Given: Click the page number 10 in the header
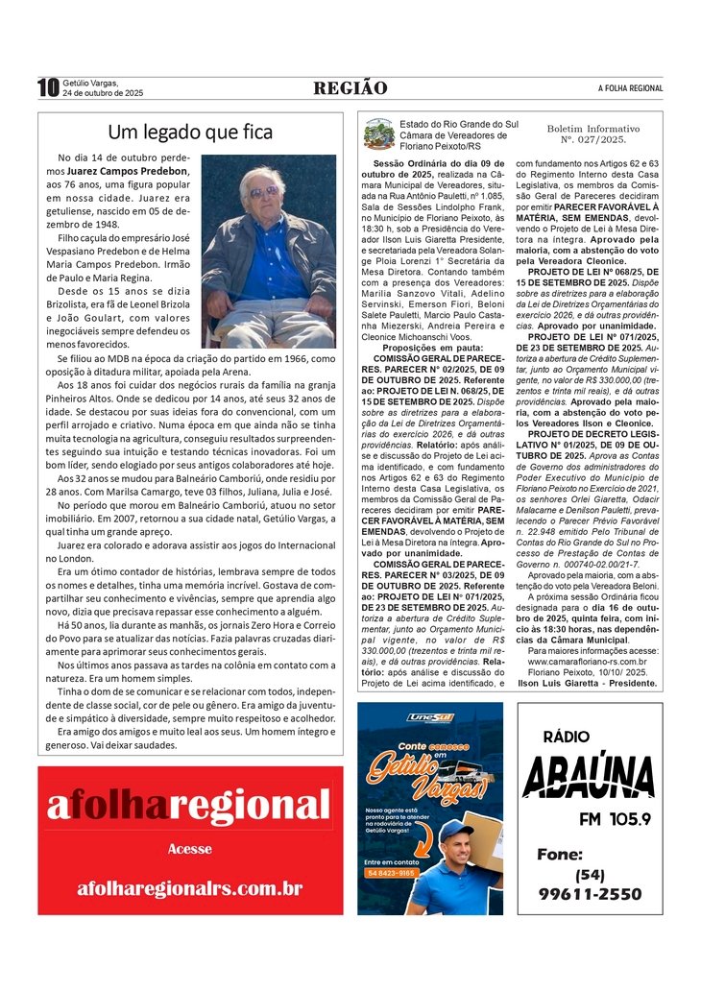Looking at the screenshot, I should tap(48, 88).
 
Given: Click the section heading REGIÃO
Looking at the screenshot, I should tap(350, 88).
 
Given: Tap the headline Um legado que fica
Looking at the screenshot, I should tap(190, 132).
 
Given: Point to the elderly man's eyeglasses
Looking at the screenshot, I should tap(262, 191).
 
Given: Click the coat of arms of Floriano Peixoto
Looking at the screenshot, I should tap(378, 133).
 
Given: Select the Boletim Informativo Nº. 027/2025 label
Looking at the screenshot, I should tap(592, 133).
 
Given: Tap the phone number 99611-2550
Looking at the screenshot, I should tap(590, 894).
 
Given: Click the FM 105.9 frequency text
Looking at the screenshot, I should tap(615, 818).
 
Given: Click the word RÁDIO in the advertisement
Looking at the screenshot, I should tap(567, 737).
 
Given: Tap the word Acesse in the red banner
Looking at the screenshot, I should tap(189, 849).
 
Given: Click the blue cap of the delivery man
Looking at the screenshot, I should tap(455, 829).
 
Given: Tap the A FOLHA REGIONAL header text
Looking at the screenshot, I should tap(630, 88).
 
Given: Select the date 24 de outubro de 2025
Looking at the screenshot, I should tap(103, 93).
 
